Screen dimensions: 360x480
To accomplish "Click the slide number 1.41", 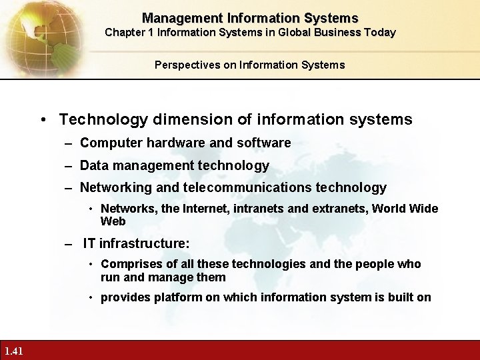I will [x=13, y=351].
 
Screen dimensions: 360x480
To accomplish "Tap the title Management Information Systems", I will [x=250, y=18].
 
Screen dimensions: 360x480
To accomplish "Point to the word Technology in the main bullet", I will [x=103, y=120].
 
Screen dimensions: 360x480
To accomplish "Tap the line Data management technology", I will [x=174, y=165].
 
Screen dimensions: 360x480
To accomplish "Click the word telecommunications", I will [x=256, y=188].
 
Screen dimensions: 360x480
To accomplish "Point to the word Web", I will [x=113, y=221].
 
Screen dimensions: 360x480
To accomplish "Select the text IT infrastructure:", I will [x=136, y=244].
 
